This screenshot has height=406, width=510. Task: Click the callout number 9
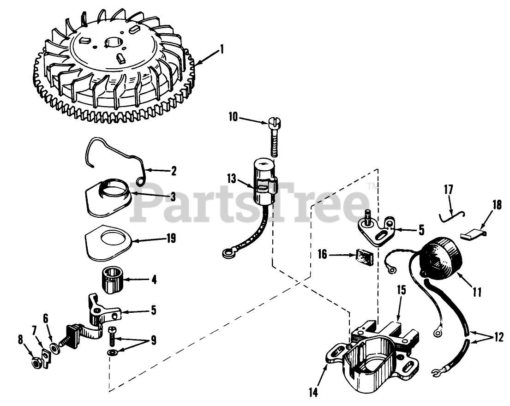coord(153,341)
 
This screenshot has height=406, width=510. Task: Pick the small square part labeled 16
coord(363,257)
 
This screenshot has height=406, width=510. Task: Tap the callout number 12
coord(497,337)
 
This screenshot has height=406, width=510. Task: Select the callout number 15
coord(401,291)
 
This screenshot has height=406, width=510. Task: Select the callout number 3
coord(173,197)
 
